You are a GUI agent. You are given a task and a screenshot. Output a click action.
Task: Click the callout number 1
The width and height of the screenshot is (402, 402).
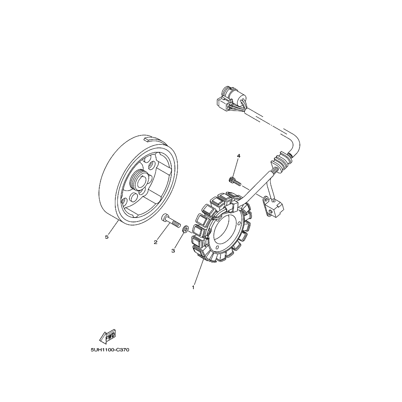click(x=193, y=287)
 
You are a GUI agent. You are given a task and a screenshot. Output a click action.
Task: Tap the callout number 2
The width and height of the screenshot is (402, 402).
click(x=155, y=242)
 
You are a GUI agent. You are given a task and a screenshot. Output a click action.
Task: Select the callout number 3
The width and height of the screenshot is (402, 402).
click(x=173, y=251)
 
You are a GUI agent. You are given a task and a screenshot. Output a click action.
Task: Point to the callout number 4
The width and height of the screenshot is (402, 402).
click(x=238, y=156)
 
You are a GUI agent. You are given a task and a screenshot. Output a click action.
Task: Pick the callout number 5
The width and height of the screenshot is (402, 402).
click(x=107, y=237)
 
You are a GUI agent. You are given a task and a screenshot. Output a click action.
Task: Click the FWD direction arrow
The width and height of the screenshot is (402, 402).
click(x=108, y=336)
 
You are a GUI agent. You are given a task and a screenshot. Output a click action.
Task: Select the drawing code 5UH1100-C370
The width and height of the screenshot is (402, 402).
click(x=110, y=350)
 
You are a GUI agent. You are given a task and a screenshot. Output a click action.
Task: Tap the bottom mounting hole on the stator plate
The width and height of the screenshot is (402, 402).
click(x=217, y=248)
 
